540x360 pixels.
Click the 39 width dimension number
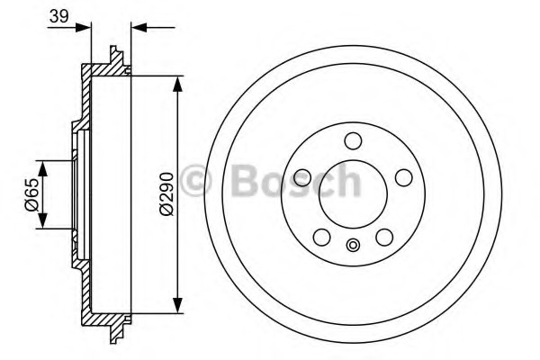pyautogui.click(x=58, y=17)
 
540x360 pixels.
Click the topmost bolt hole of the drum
pyautogui.click(x=353, y=140)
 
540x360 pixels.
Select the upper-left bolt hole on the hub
pyautogui.click(x=302, y=177)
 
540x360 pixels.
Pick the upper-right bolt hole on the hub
pyautogui.click(x=404, y=177)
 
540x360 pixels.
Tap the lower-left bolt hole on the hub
pyautogui.click(x=321, y=238)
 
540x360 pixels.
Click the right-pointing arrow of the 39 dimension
pyautogui.click(x=85, y=27)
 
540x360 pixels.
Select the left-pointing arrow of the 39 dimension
pyautogui.click(x=139, y=27)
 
